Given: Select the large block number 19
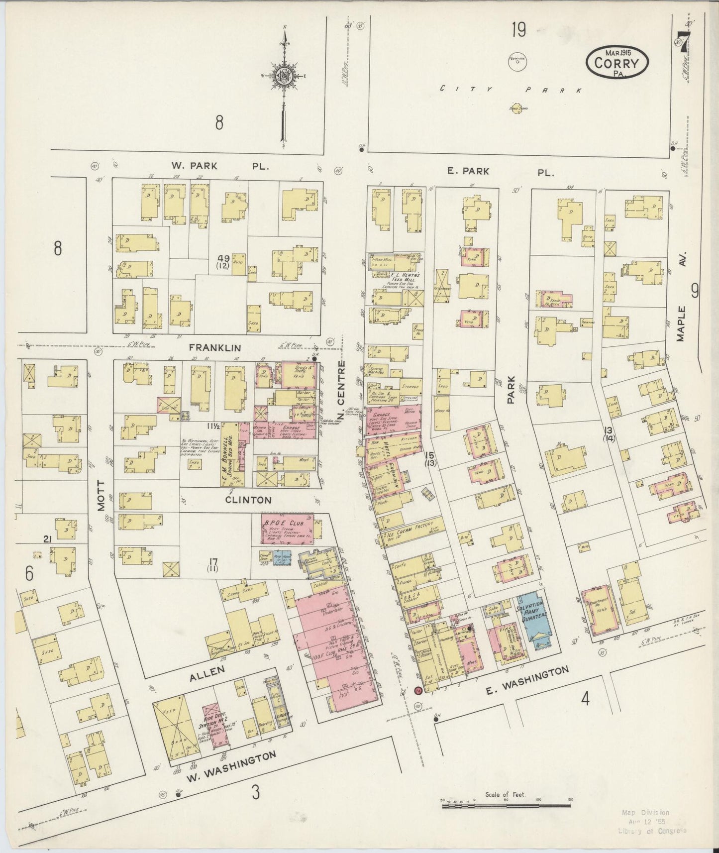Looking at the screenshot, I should pyautogui.click(x=518, y=31).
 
